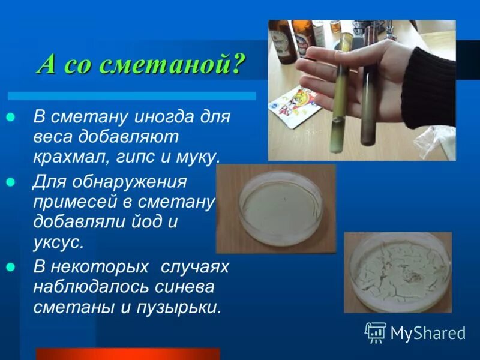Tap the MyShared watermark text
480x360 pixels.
tap(428, 333)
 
